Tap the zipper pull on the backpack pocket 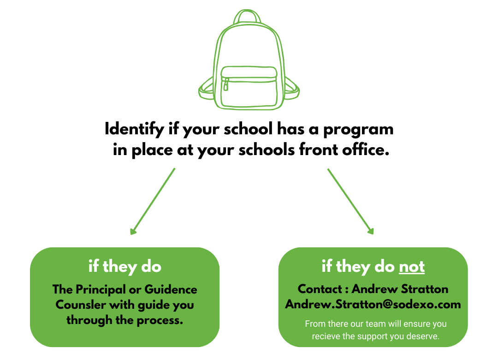tap(226, 85)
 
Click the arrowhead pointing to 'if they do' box tap(134, 231)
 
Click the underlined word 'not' tap(412, 267)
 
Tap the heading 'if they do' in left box tap(125, 267)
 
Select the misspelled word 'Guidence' tap(171, 290)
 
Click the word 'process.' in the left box tap(160, 320)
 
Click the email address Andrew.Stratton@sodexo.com tap(373, 305)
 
